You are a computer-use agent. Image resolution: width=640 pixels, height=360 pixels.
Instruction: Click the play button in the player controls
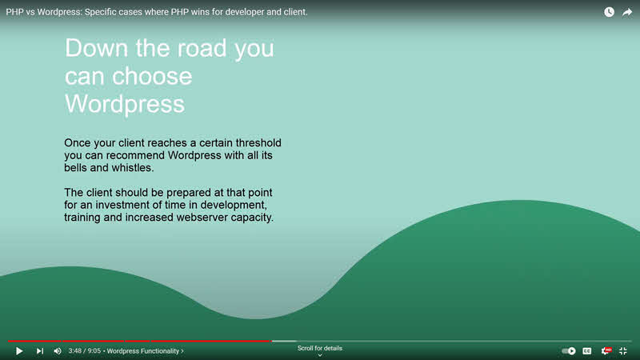(19, 350)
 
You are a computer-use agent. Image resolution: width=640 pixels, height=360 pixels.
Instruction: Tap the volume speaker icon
(57, 350)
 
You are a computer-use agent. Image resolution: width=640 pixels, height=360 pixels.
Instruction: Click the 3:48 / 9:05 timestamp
(84, 350)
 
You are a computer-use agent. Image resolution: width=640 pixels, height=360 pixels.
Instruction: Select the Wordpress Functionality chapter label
(145, 350)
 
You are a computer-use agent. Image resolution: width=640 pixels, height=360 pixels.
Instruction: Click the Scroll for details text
(319, 349)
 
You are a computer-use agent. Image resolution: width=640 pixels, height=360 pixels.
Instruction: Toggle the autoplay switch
(569, 350)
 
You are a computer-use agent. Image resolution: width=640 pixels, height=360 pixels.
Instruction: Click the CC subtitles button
(587, 350)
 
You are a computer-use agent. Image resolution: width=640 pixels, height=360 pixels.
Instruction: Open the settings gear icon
(606, 350)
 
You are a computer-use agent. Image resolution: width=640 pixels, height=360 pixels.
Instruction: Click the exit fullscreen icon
(623, 350)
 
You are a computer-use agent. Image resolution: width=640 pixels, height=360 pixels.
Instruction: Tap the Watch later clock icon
(609, 12)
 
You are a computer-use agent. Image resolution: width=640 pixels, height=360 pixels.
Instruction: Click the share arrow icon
(627, 12)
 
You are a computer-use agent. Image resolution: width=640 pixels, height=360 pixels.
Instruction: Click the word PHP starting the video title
(14, 12)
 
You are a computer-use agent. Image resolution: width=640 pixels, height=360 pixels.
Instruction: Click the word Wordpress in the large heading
(124, 103)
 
